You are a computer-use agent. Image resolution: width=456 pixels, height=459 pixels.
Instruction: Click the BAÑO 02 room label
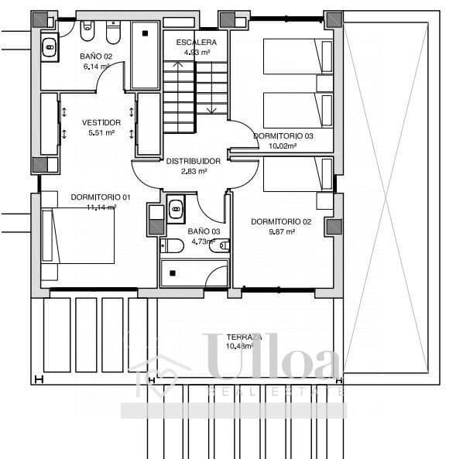[96, 57]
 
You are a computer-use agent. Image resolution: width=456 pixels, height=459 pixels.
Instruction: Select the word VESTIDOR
[101, 122]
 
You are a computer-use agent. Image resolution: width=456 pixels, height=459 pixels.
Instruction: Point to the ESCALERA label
[196, 42]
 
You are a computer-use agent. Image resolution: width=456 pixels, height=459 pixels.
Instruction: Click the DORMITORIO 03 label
[283, 135]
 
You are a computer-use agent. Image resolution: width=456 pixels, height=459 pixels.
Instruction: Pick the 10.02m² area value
[283, 145]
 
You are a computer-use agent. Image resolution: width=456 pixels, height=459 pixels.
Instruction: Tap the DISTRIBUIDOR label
[194, 161]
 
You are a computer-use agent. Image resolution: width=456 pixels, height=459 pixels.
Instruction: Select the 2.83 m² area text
[194, 171]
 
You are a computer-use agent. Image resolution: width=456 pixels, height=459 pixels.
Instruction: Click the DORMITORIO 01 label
[101, 197]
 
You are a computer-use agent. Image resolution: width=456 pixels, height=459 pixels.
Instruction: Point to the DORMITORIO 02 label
[281, 221]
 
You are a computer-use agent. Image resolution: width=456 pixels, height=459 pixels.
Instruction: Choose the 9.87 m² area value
[281, 231]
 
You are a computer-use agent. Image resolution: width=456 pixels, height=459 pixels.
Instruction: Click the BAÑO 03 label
[204, 231]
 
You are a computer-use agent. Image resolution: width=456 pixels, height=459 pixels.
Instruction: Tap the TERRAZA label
[244, 337]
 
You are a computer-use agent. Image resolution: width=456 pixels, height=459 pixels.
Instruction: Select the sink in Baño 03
[176, 207]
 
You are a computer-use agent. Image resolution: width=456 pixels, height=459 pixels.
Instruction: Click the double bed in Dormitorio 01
[77, 235]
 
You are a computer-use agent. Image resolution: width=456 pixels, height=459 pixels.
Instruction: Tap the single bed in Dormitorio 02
[298, 174]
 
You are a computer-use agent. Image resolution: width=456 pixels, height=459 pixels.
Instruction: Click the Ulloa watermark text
[271, 364]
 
